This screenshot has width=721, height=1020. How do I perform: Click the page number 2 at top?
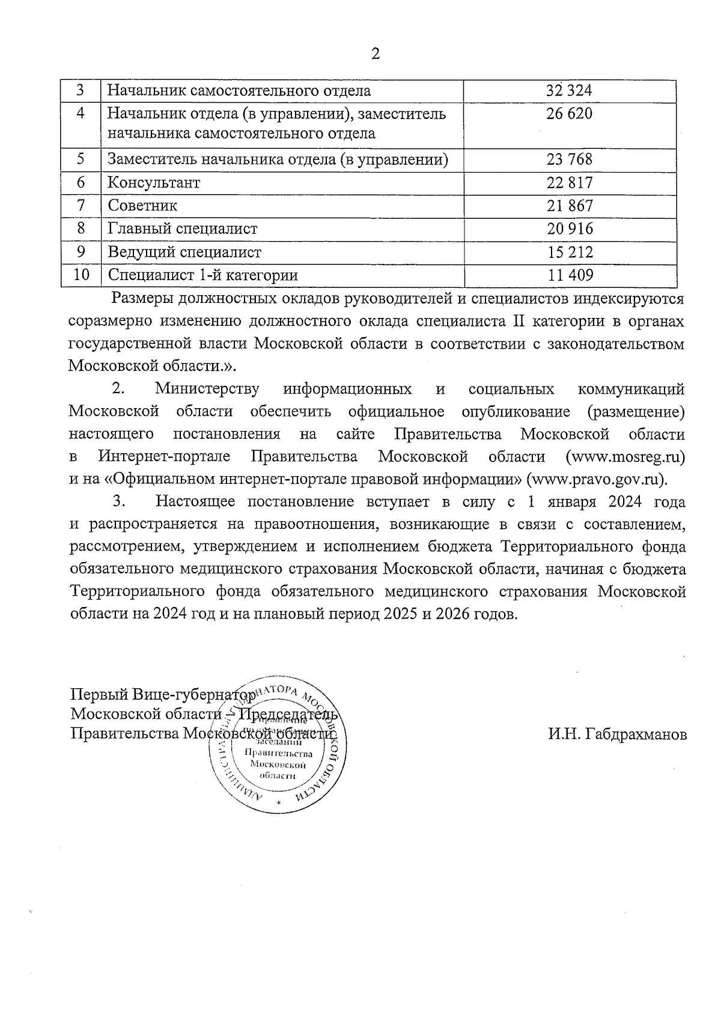[376, 54]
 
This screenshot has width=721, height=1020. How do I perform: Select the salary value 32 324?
[569, 91]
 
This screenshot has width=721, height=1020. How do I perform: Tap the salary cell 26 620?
[569, 114]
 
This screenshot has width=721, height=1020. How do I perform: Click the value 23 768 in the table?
[569, 159]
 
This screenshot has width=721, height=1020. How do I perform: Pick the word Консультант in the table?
[154, 182]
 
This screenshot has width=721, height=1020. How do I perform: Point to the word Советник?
[142, 206]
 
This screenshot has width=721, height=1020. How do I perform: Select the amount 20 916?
[569, 228]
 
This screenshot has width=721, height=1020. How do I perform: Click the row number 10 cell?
[81, 275]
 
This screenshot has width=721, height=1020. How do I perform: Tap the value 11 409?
[569, 275]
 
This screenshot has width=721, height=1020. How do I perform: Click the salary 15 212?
[569, 252]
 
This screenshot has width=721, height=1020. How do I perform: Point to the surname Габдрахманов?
[617, 734]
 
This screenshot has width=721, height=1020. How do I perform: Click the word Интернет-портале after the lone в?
[164, 457]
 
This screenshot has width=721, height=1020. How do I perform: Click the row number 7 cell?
[81, 206]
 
